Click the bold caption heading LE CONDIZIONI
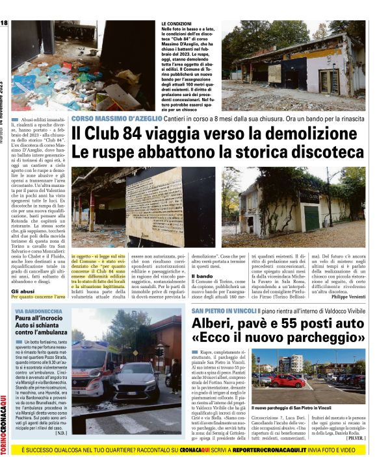pos(177,23)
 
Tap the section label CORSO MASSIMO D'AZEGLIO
pos(114,119)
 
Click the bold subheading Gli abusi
pos(23,291)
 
